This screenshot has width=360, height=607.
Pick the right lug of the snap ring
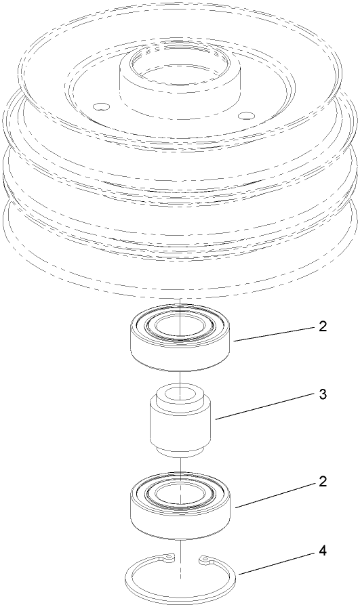pos(205,560)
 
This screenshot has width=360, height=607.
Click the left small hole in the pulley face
pos(100,106)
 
